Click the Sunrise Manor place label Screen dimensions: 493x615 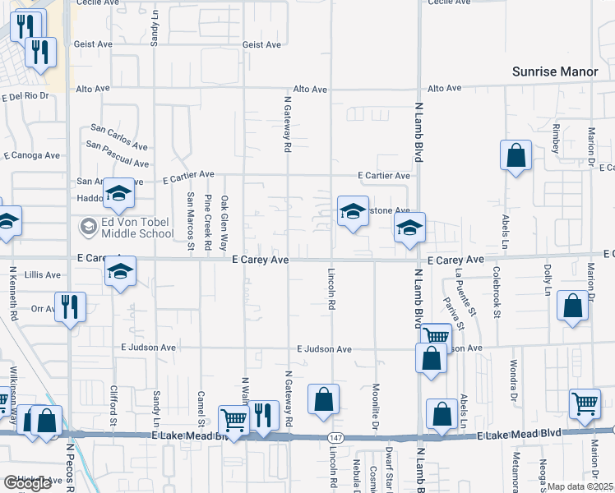point(555,71)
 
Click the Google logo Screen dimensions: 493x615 point(27,483)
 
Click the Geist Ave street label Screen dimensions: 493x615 point(263,44)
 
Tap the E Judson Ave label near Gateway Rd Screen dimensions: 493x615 point(324,349)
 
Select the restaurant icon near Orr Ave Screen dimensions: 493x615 point(70,307)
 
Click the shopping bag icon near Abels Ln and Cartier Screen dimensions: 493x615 point(516,155)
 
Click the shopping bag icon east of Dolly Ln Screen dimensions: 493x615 point(572,306)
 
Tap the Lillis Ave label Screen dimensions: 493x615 point(43,274)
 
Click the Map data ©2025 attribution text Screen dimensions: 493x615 point(580,486)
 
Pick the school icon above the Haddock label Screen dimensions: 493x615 point(118,195)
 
